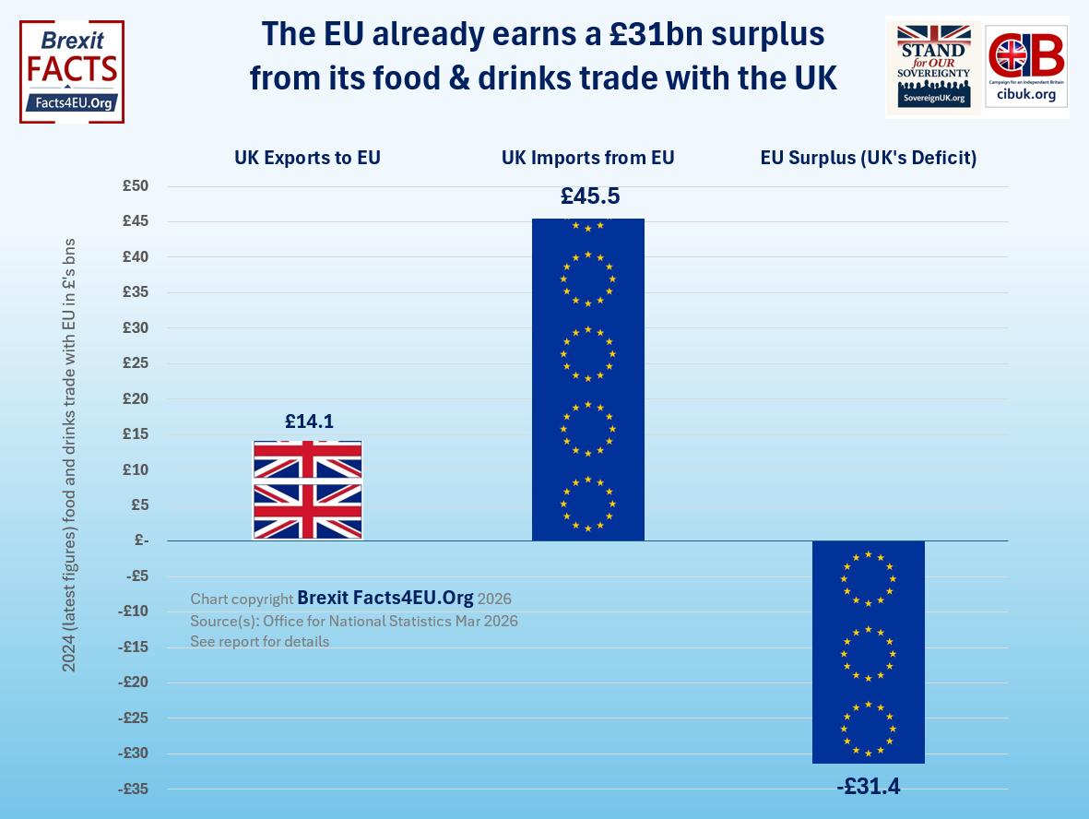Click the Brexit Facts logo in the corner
pyautogui.click(x=72, y=72)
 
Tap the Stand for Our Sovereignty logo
pyautogui.click(x=934, y=66)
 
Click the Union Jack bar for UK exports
pyautogui.click(x=307, y=490)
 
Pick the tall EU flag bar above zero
pyautogui.click(x=587, y=379)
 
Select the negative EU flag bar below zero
pyautogui.click(x=868, y=652)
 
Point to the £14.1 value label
pyautogui.click(x=309, y=421)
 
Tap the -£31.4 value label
pyautogui.click(x=868, y=787)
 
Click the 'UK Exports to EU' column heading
pyautogui.click(x=308, y=158)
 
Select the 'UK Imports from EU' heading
pyautogui.click(x=588, y=158)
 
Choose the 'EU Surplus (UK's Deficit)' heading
pyautogui.click(x=868, y=158)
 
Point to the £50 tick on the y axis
pyautogui.click(x=136, y=186)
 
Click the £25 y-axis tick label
pyautogui.click(x=136, y=363)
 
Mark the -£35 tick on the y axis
pyautogui.click(x=134, y=789)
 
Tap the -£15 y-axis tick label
pyautogui.click(x=134, y=647)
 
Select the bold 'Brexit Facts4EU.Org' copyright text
pyautogui.click(x=385, y=598)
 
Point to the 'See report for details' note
pyautogui.click(x=260, y=641)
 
